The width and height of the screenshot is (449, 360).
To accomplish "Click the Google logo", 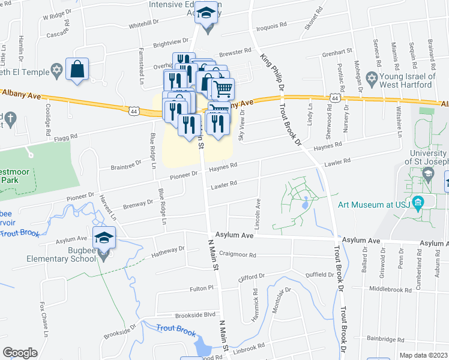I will pos(20,353).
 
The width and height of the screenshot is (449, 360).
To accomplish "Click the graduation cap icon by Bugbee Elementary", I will pos(104,237).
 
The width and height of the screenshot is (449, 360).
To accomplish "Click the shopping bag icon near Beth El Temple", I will pos(77,69).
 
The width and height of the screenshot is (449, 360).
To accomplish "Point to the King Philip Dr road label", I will pos(274,74).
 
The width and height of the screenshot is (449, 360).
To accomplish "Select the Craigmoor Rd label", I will pos(239,254).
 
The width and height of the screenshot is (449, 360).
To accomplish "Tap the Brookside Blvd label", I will pos(195,315).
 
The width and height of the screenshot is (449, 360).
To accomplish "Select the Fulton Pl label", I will pos(202,288).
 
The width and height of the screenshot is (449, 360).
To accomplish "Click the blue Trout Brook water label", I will pos(176,329).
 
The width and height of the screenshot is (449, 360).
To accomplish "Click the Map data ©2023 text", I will pos(424,355).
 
